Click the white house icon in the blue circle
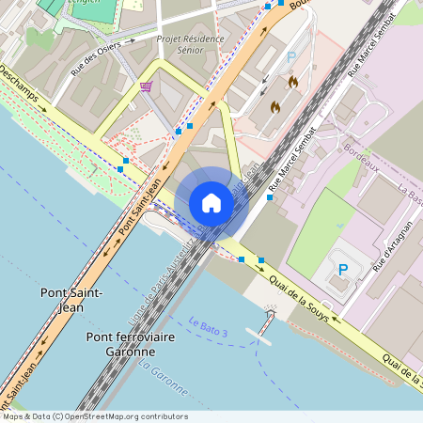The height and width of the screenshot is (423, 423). [x=211, y=203]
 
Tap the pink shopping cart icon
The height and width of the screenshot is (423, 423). [x=147, y=86]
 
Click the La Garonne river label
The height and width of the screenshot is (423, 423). [x=159, y=375]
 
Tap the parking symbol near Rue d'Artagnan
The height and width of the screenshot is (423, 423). [x=343, y=270]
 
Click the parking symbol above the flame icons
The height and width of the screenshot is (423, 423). [x=291, y=57]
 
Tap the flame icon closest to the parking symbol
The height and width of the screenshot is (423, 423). [x=292, y=83]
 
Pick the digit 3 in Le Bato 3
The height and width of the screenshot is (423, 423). [x=225, y=332]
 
